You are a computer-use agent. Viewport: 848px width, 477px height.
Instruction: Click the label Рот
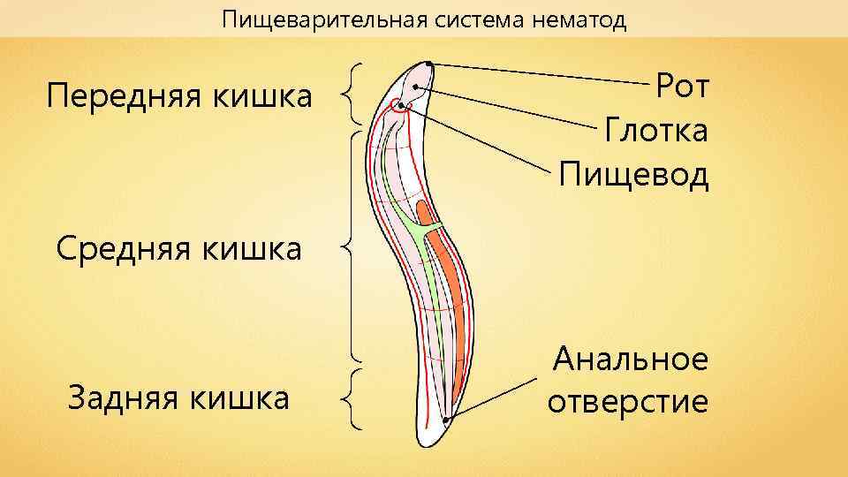coord(683,87)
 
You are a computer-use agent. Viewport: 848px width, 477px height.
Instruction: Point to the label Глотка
coord(656,132)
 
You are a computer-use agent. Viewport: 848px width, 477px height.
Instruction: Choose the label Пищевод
coord(634,175)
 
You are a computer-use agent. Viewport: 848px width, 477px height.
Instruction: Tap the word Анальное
coord(631,360)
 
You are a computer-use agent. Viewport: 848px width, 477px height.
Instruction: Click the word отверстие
coord(628,403)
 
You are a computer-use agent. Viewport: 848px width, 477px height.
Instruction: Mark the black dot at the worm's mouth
coord(428,64)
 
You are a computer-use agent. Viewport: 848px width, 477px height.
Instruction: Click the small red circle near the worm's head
coord(403,107)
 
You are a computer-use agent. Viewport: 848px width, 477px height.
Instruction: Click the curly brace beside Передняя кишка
coord(354,95)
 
